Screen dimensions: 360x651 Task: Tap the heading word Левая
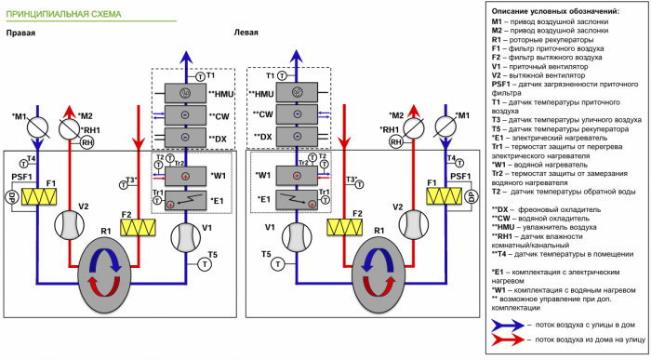click(x=246, y=33)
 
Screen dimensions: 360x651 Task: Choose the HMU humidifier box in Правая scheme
click(x=185, y=94)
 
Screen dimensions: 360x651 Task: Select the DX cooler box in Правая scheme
click(x=185, y=138)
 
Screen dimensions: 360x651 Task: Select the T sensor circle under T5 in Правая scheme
click(x=205, y=263)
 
